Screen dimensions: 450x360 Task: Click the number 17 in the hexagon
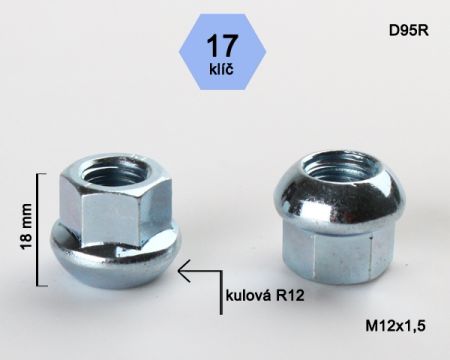[222, 46]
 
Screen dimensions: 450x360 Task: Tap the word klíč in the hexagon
[222, 68]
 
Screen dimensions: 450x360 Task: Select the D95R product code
[408, 31]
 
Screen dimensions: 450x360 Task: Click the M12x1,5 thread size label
[396, 326]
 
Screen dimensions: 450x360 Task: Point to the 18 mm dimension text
[26, 227]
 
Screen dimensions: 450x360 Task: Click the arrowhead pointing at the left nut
[184, 270]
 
